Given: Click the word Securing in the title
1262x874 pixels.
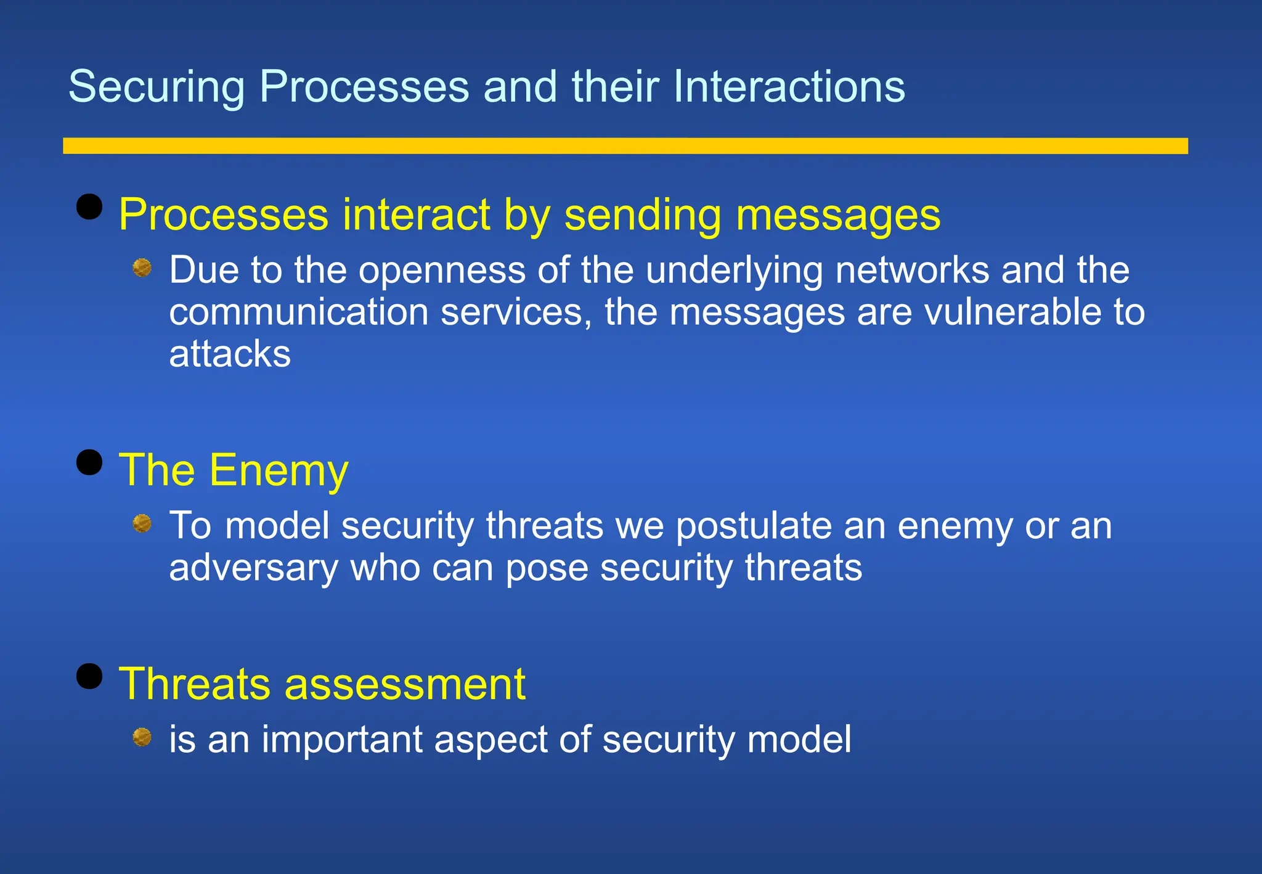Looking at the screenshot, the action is coord(157,87).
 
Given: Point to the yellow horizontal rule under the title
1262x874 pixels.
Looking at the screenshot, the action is coord(625,145).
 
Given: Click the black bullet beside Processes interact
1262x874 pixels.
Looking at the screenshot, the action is coord(89,206).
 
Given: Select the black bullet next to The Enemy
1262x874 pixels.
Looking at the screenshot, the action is coord(89,462).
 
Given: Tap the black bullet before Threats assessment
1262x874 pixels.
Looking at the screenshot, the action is coord(89,676).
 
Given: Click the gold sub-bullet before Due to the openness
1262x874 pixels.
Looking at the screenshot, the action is coord(142,268).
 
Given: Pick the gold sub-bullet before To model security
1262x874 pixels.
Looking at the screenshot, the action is coord(142,523).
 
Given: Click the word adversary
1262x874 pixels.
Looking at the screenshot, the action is coord(253,568).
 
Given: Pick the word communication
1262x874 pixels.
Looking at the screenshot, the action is coord(299,312).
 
